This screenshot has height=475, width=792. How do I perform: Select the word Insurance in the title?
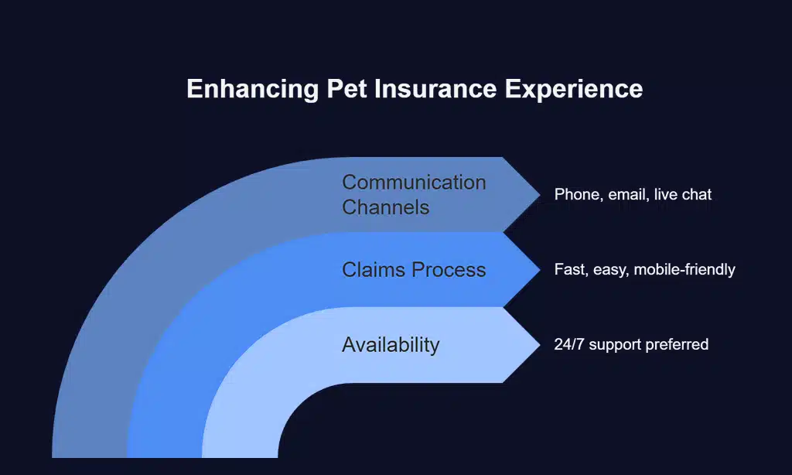pyautogui.click(x=435, y=89)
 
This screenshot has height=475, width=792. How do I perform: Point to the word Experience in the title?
pyautogui.click(x=574, y=89)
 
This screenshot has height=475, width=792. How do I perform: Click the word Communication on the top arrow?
pyautogui.click(x=414, y=183)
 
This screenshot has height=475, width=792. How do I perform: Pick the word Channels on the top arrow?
pyautogui.click(x=385, y=207)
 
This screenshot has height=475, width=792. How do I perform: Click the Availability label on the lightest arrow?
pyautogui.click(x=391, y=345)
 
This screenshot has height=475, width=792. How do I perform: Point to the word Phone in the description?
pyautogui.click(x=577, y=195)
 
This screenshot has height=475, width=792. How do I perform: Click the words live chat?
pyautogui.click(x=682, y=195)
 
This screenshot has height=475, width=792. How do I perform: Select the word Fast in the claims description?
pyautogui.click(x=569, y=270)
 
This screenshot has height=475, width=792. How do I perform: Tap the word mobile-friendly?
pyautogui.click(x=684, y=270)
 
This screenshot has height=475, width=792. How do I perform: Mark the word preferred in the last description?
pyautogui.click(x=678, y=345)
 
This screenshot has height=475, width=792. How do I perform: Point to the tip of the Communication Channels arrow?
pyautogui.click(x=538, y=194)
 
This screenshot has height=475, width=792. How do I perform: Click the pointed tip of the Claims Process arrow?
pyautogui.click(x=538, y=269)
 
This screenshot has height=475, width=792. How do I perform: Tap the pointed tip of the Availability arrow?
pyautogui.click(x=538, y=344)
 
